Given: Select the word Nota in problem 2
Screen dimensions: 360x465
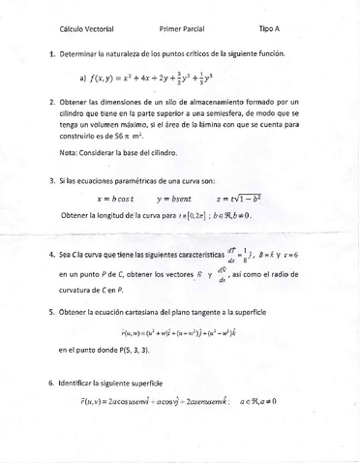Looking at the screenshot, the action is pos(69,151).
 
